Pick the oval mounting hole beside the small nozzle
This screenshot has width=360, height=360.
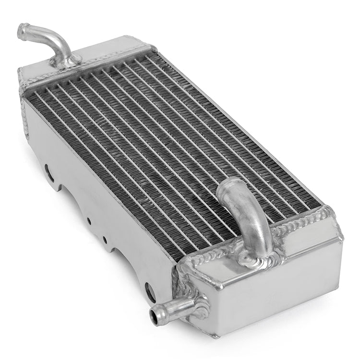(150, 291)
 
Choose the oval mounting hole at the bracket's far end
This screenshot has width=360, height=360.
(48, 172)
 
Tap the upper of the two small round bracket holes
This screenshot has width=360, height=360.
(88, 221)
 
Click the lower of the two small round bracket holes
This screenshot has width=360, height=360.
(104, 239)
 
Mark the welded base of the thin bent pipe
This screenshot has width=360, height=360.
(67, 60)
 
